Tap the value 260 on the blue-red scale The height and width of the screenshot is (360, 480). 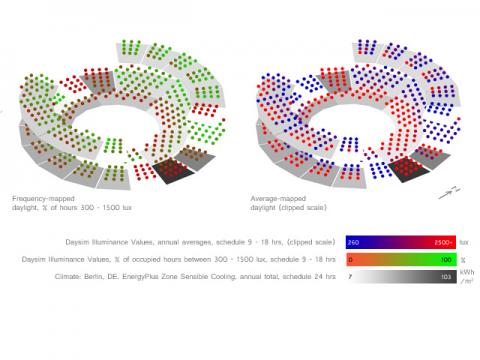(352, 242)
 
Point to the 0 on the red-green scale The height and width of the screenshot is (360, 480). (349, 259)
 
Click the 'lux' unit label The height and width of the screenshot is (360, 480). (464, 242)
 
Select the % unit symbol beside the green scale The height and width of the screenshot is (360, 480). (462, 259)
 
